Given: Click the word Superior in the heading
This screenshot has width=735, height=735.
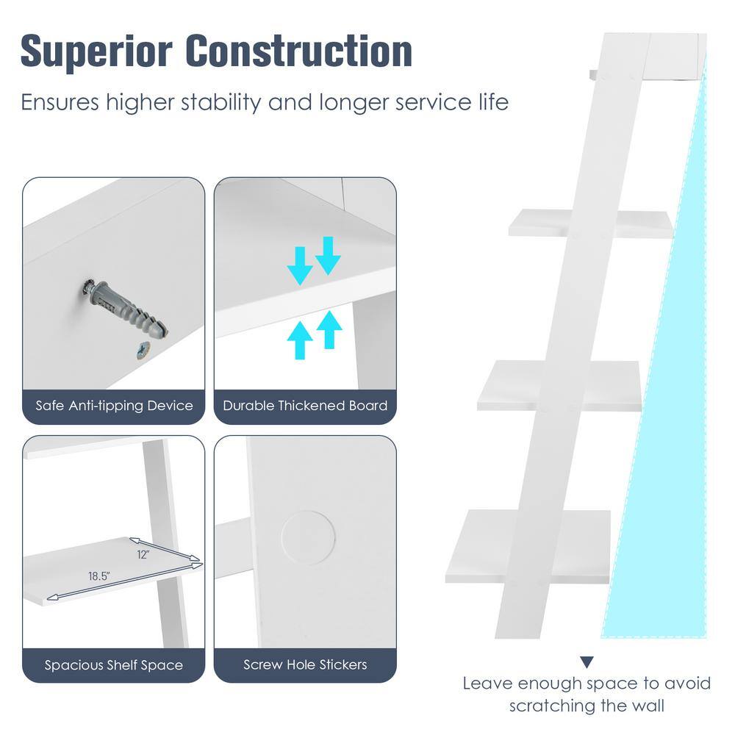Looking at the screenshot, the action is pyautogui.click(x=96, y=51).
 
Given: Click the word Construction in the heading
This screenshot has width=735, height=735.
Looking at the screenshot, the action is pyautogui.click(x=299, y=51).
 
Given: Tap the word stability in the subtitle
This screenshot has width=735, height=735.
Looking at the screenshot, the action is pyautogui.click(x=220, y=103).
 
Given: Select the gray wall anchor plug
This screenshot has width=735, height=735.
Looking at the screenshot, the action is pyautogui.click(x=125, y=309).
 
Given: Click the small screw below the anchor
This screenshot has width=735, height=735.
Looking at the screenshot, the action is pyautogui.click(x=143, y=350).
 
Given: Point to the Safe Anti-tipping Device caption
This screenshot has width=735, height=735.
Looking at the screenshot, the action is pyautogui.click(x=114, y=406).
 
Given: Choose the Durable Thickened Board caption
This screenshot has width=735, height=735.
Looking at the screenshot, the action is pyautogui.click(x=305, y=406).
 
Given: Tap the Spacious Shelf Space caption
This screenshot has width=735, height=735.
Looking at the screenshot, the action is pyautogui.click(x=114, y=664).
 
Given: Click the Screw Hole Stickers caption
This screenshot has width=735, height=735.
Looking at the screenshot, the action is pyautogui.click(x=305, y=664).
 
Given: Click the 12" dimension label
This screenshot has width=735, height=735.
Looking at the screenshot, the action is pyautogui.click(x=143, y=554).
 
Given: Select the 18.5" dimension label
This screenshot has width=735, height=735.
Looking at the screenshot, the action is pyautogui.click(x=99, y=576).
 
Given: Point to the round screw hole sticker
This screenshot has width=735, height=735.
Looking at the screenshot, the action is pyautogui.click(x=309, y=537).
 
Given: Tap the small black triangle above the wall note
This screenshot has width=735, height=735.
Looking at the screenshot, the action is pyautogui.click(x=587, y=662).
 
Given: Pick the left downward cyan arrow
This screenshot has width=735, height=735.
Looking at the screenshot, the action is pyautogui.click(x=300, y=265).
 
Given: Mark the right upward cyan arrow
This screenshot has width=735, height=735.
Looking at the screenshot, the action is pyautogui.click(x=329, y=329).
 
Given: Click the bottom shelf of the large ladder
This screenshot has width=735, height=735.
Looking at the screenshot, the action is pyautogui.click(x=527, y=546).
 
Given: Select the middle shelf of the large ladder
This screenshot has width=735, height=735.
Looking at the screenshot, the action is pyautogui.click(x=559, y=385).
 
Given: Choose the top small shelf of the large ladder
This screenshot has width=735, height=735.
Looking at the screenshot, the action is pyautogui.click(x=591, y=223).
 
